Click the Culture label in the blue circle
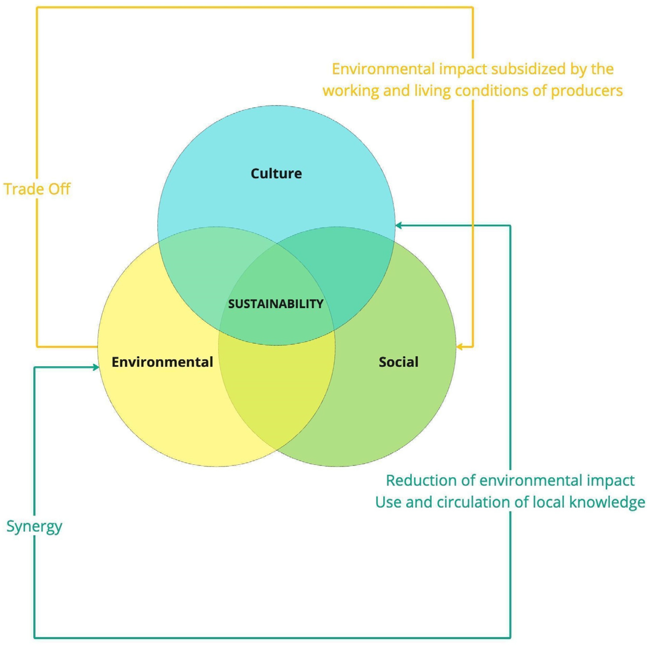pos(276,173)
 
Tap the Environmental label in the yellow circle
pos(162,362)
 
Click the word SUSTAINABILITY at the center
pos(276,304)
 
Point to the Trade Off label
pos(37,189)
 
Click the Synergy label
pos(34,526)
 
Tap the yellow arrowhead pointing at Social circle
pos(460,347)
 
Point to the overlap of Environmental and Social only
pos(277,390)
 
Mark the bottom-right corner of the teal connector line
pos(510,638)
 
